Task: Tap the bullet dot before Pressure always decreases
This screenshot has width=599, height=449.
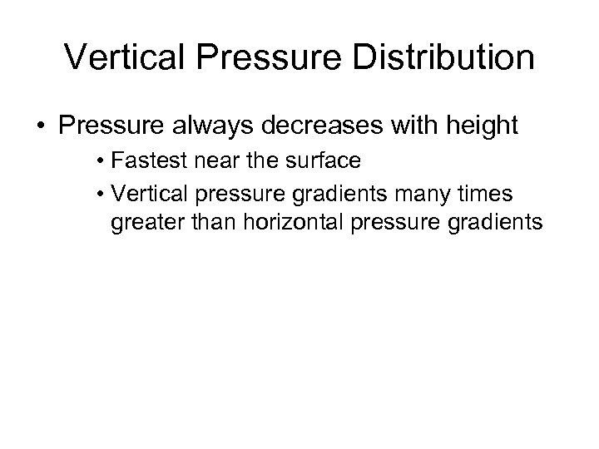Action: click(39, 126)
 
